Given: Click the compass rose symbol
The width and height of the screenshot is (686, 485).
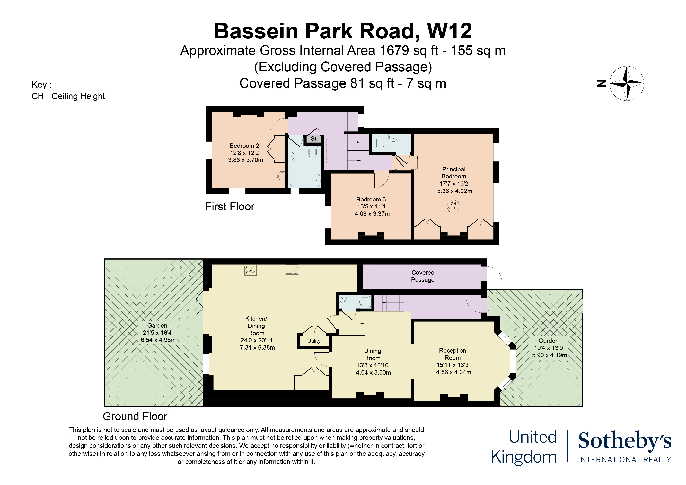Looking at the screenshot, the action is (627, 83).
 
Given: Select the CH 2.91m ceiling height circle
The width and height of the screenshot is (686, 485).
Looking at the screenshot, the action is (453, 206).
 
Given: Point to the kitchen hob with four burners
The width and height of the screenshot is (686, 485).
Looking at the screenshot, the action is (250, 270).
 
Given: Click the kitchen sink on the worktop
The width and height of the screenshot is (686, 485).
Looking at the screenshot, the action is (292, 270).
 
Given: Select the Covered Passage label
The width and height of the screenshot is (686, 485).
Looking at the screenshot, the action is (423, 276).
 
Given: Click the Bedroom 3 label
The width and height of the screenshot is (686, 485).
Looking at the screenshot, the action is (371, 199).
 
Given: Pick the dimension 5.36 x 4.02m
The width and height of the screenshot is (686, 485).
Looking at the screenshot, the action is (454, 191).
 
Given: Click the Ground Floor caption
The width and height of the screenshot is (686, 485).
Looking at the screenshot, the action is (135, 416).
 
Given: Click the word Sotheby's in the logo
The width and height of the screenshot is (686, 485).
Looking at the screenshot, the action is (624, 440).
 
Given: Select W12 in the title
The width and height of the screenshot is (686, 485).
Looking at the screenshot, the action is (450, 31).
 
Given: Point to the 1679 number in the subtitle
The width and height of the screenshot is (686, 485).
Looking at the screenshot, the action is (394, 50).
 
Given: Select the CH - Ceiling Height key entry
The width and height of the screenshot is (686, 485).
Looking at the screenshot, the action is (68, 96).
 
